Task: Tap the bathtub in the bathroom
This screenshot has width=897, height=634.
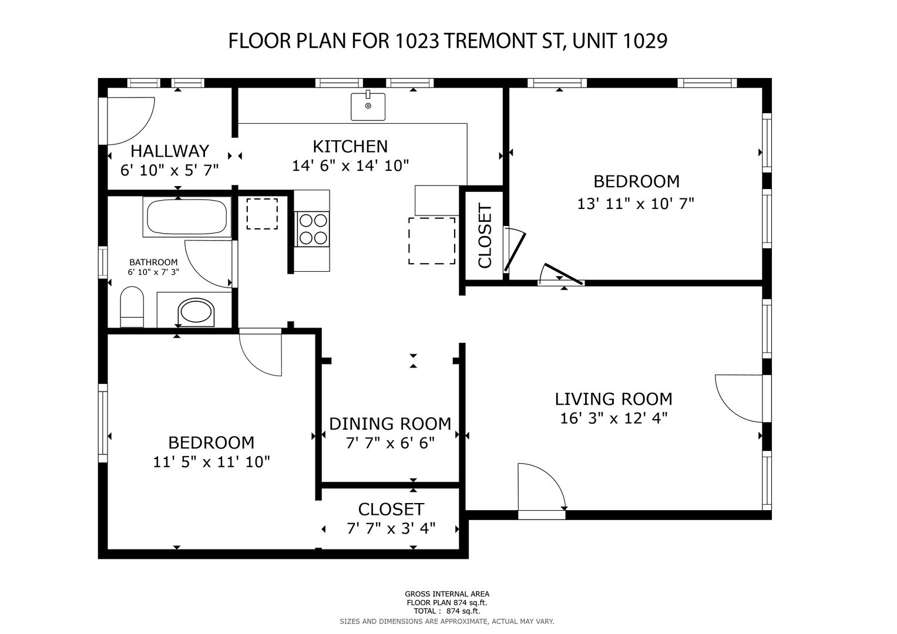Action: click(187, 217)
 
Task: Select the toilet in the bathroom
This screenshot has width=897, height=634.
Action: click(132, 306)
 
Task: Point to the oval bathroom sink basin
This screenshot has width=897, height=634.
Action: click(196, 312)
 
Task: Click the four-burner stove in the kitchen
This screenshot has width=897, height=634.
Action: click(312, 230)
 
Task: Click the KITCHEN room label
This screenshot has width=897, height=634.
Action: click(350, 147)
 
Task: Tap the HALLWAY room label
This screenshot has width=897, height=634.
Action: click(170, 151)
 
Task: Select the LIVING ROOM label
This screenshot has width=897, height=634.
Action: click(613, 399)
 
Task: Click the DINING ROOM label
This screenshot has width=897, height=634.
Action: click(390, 424)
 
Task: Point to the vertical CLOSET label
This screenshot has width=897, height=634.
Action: click(485, 235)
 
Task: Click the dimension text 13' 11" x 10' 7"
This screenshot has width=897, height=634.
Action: click(636, 204)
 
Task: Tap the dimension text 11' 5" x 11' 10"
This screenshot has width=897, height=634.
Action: click(211, 462)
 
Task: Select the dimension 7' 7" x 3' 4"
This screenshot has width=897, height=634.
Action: click(391, 528)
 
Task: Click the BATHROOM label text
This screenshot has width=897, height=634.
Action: click(153, 262)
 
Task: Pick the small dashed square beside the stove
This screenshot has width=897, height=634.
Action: click(262, 214)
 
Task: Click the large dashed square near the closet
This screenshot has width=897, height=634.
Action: click(432, 241)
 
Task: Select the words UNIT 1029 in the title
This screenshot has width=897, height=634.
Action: click(620, 41)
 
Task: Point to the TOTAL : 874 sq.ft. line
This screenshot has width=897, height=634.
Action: click(447, 611)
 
